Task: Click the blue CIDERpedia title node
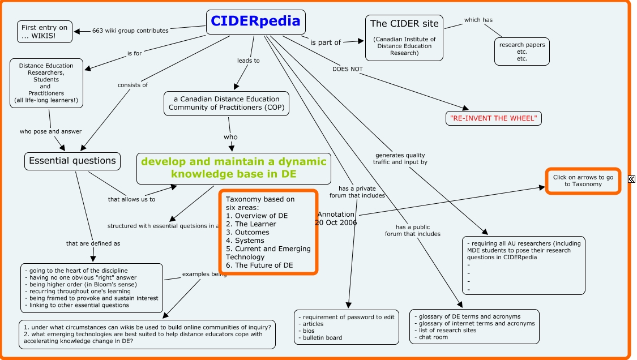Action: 255,22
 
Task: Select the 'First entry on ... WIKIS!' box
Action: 44,32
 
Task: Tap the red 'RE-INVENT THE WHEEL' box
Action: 494,118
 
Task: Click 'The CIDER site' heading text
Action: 404,24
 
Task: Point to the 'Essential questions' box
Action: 72,161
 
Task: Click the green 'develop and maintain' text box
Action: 234,168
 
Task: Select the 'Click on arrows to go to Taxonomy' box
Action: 583,181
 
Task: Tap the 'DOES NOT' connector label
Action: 348,69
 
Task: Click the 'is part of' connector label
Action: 326,42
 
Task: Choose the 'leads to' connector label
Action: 248,60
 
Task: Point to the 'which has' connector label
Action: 478,20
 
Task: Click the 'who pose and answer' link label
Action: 50,131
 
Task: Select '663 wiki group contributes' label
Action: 130,31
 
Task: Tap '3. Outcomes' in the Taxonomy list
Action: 248,232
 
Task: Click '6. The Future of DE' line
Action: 259,265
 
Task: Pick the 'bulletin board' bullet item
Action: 323,338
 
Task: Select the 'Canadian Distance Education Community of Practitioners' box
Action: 226,104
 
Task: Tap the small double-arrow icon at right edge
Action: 632,179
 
